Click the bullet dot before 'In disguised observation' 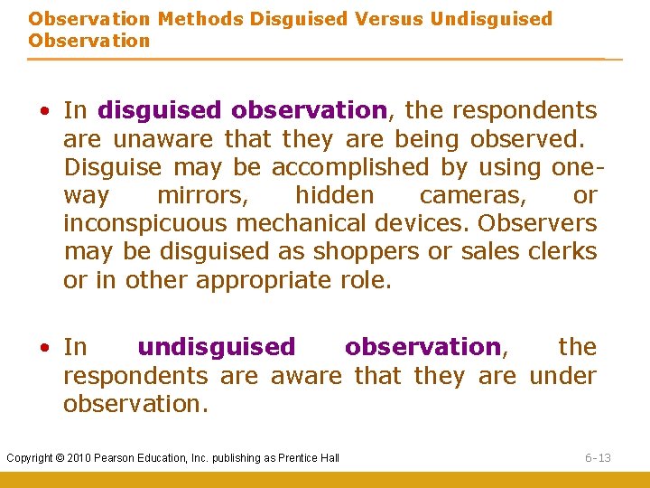click(43, 111)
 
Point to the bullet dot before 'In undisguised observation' click(43, 348)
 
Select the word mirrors click(202, 196)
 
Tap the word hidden click(334, 196)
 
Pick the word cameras click(468, 196)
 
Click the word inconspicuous click(144, 224)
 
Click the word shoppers click(368, 252)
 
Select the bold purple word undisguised click(216, 347)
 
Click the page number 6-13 click(597, 458)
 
